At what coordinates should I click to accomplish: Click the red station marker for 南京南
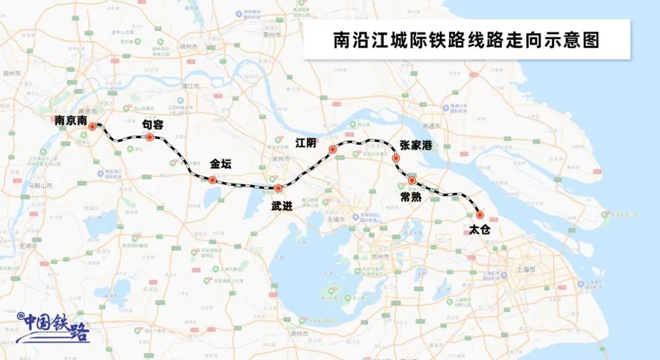tap(92, 127)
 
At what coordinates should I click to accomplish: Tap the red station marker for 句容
tap(149, 137)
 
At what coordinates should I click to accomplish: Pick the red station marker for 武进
tap(278, 188)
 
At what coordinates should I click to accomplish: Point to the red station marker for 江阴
tap(333, 149)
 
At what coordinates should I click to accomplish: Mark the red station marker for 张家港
tap(396, 158)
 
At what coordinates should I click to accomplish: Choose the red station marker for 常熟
tap(413, 180)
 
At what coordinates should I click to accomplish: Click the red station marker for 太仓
tap(479, 215)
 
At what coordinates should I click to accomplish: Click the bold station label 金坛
tap(221, 165)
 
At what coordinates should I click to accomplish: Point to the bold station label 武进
tap(282, 206)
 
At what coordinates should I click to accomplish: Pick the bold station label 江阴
tap(306, 143)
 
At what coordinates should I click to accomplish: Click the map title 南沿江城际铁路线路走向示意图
tap(467, 40)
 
